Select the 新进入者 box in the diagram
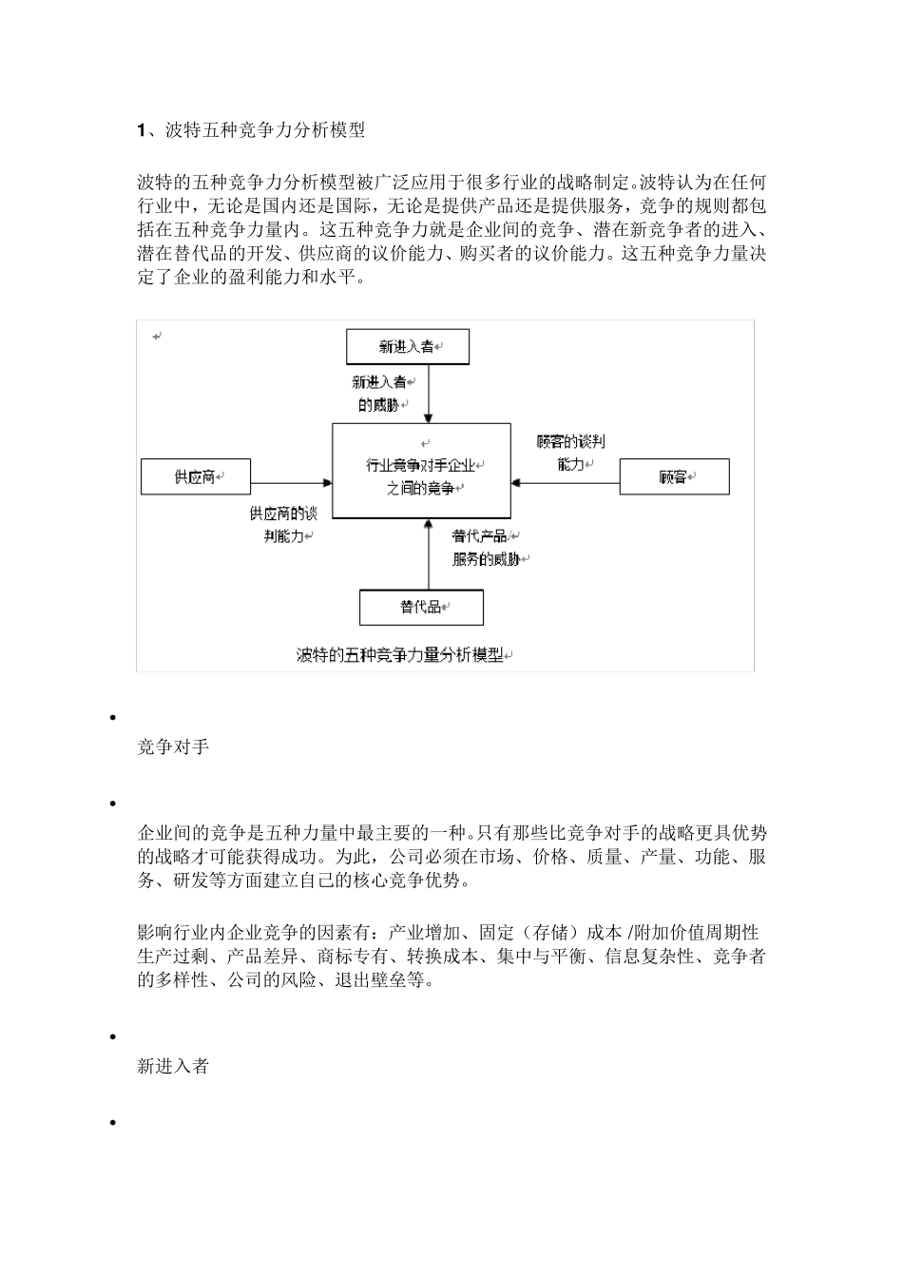coord(407,347)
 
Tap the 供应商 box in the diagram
coord(196,476)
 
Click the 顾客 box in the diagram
coord(674,476)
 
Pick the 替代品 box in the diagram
coord(421,607)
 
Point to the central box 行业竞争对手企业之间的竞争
coord(421,472)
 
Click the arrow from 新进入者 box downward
coord(429,394)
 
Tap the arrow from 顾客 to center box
coord(566,483)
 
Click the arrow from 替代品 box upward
coord(429,556)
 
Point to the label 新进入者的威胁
coord(379,394)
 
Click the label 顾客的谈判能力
coord(570,453)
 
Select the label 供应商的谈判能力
coord(284,525)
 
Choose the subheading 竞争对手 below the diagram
coord(173,747)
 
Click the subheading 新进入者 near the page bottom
coord(173,1067)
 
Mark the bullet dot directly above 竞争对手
coord(113,718)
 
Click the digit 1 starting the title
coord(142,131)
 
